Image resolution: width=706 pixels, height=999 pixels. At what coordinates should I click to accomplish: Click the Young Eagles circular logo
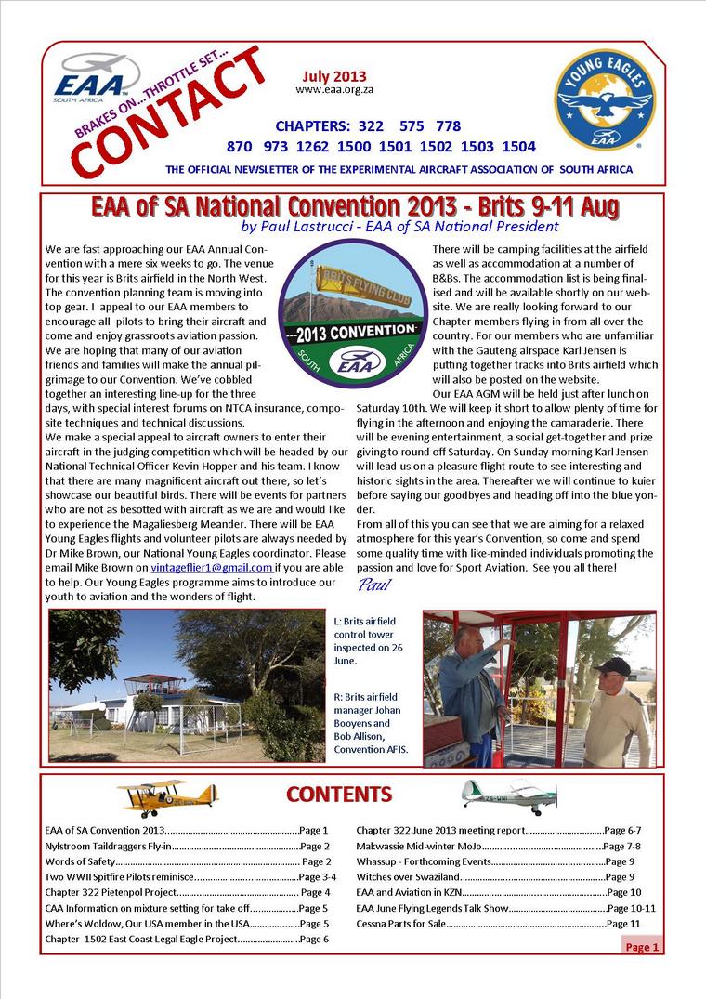pyautogui.click(x=605, y=99)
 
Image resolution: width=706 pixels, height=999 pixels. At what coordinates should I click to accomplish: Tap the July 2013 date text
pyautogui.click(x=333, y=77)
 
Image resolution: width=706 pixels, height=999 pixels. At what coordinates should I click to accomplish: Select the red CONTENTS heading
pyautogui.click(x=338, y=795)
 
